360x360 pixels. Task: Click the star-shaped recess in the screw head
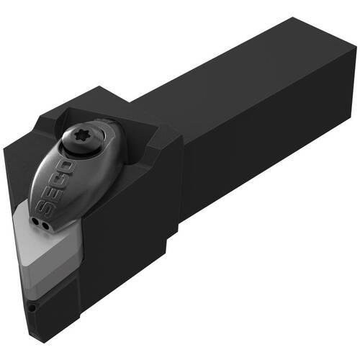(79, 137)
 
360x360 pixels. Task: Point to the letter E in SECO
(52, 195)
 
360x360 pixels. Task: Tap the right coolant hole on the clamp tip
(45, 225)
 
